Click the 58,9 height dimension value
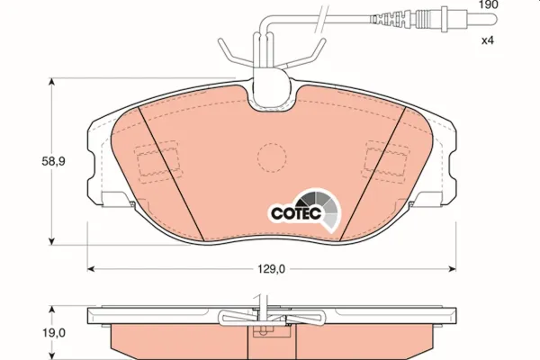53,161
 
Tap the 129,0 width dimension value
272,269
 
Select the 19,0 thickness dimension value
53,333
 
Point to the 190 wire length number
488,4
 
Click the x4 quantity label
488,40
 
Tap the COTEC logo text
296,213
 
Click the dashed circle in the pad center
272,157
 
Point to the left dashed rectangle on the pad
157,161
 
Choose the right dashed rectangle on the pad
386,161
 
